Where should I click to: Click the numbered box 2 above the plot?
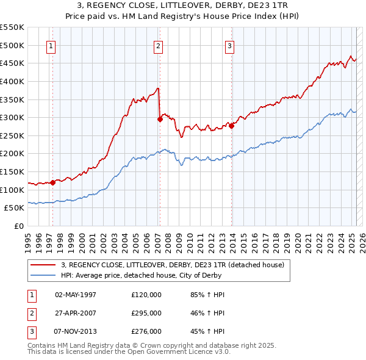pyautogui.click(x=158, y=45)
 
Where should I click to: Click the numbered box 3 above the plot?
pyautogui.click(x=230, y=45)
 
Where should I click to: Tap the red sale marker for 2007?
pyautogui.click(x=160, y=120)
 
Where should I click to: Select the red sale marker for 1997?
pyautogui.click(x=53, y=182)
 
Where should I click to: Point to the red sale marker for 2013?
pyautogui.click(x=232, y=126)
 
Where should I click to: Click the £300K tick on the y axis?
pyautogui.click(x=12, y=117)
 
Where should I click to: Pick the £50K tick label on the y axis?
pyautogui.click(x=15, y=208)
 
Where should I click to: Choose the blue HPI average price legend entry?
pyautogui.click(x=159, y=275)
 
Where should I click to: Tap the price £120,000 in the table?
pyautogui.click(x=146, y=294)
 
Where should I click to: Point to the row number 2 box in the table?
pyautogui.click(x=31, y=312)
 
